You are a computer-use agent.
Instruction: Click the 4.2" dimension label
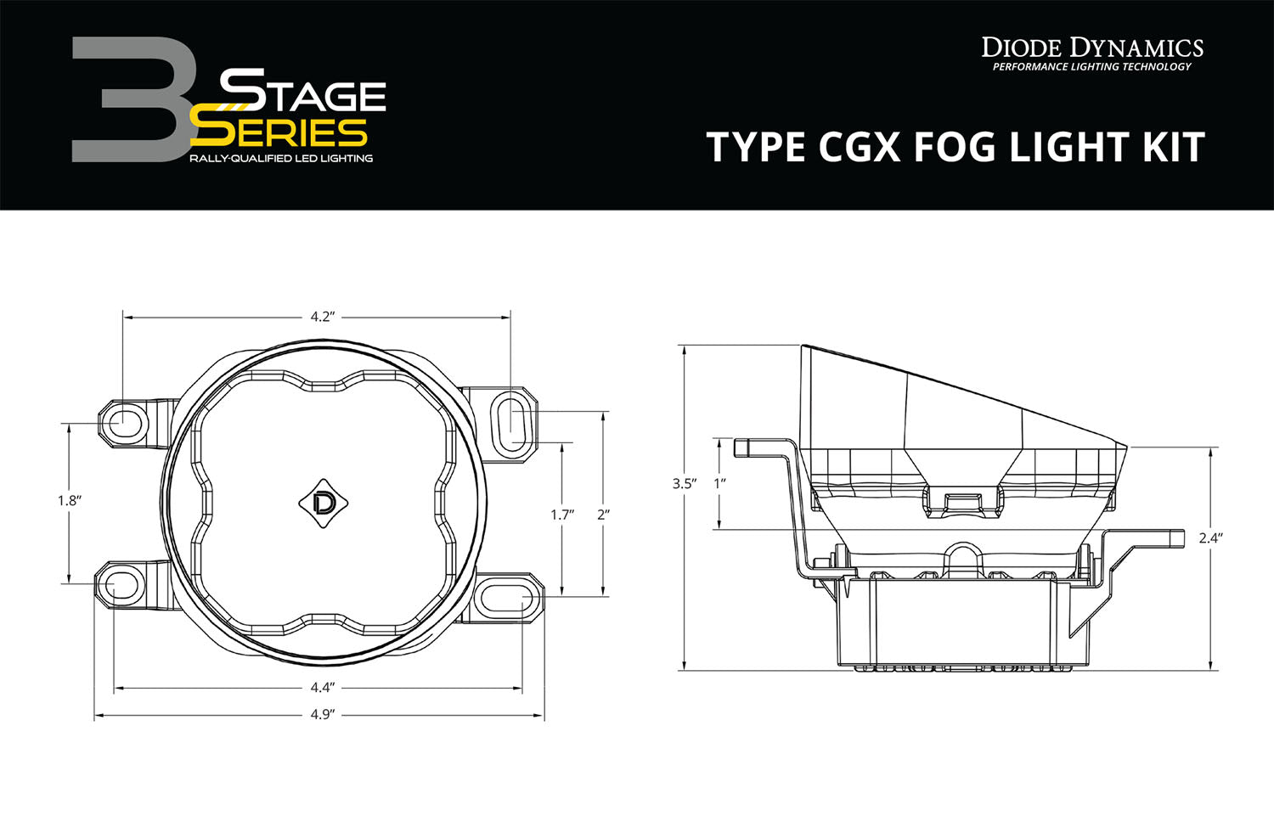319,317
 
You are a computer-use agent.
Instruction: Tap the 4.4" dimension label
322,686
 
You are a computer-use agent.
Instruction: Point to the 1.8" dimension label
68,501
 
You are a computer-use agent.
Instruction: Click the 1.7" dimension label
561,515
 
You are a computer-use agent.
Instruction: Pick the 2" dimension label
603,515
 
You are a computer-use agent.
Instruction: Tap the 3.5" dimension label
683,484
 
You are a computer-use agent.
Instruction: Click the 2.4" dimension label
1210,538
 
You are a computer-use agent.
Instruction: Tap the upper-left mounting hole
121,420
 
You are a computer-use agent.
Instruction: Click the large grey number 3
127,99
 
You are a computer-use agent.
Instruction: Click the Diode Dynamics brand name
1092,48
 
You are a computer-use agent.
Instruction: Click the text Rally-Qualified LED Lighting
280,159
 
